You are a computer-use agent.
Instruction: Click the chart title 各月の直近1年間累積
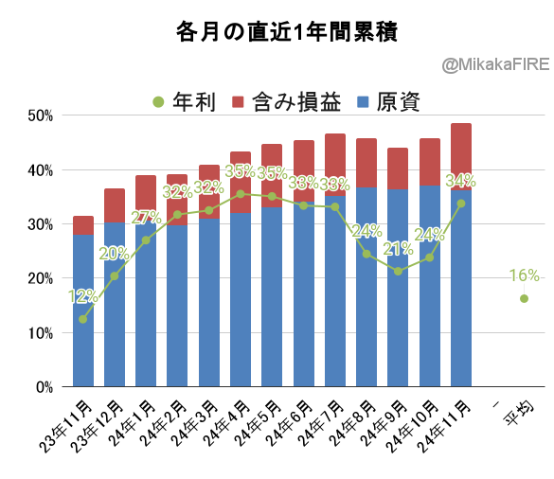click(287, 32)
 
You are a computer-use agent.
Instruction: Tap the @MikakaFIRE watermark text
click(495, 64)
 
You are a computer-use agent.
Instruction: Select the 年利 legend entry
click(184, 102)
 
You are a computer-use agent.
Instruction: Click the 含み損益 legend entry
click(287, 102)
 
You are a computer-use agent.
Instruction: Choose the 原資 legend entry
click(389, 102)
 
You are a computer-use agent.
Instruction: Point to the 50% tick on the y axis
click(41, 115)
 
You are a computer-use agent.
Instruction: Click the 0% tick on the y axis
click(45, 387)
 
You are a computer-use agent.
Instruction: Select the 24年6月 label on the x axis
click(290, 423)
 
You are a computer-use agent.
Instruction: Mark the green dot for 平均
click(524, 298)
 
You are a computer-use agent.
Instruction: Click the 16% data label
click(525, 275)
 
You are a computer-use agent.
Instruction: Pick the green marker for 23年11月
click(83, 319)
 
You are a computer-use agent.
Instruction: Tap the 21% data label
click(398, 249)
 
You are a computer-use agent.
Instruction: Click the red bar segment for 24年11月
click(461, 156)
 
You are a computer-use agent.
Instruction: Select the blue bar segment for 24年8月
click(366, 287)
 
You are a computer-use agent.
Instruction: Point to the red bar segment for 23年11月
click(83, 225)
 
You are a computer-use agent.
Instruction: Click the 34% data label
click(461, 181)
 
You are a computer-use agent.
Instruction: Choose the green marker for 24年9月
click(398, 272)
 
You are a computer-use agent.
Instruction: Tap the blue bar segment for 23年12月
click(115, 305)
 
